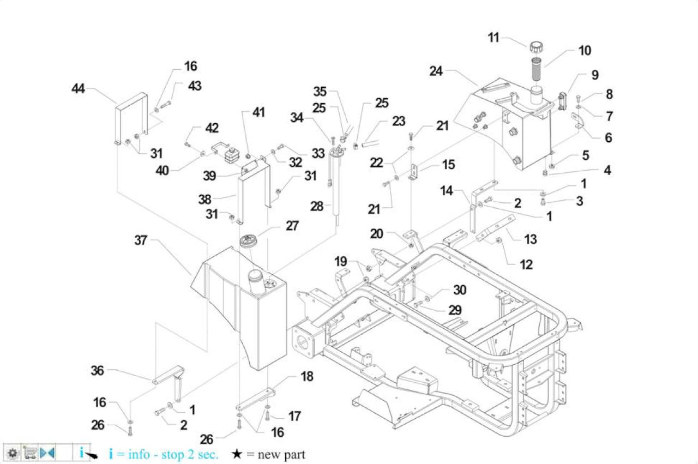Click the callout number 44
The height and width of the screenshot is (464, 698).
pyautogui.click(x=78, y=88)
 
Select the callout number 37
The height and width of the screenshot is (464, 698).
pyautogui.click(x=141, y=240)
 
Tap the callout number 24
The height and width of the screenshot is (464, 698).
pyautogui.click(x=436, y=71)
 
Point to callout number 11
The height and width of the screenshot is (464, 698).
pyautogui.click(x=494, y=38)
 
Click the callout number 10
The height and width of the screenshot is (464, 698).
pyautogui.click(x=585, y=51)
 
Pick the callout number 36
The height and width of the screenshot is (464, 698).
pyautogui.click(x=97, y=371)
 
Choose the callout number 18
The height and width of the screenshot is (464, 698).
pyautogui.click(x=307, y=376)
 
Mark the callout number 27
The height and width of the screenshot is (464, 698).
pyautogui.click(x=292, y=226)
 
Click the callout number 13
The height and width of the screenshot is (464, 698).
pyautogui.click(x=531, y=239)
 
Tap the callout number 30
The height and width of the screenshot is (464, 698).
pyautogui.click(x=460, y=290)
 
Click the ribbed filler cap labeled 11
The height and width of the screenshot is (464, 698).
pyautogui.click(x=536, y=47)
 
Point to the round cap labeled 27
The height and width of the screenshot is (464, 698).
pyautogui.click(x=248, y=241)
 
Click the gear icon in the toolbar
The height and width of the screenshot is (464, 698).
pyautogui.click(x=13, y=453)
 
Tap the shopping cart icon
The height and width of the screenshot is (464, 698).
pyautogui.click(x=30, y=453)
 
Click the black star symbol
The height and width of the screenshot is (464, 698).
pyautogui.click(x=237, y=454)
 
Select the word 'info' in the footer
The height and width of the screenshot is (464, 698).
pyautogui.click(x=139, y=454)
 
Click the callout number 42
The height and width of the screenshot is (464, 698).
pyautogui.click(x=212, y=128)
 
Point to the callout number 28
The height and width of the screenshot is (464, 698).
pyautogui.click(x=317, y=206)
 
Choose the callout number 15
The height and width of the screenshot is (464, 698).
pyautogui.click(x=448, y=165)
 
